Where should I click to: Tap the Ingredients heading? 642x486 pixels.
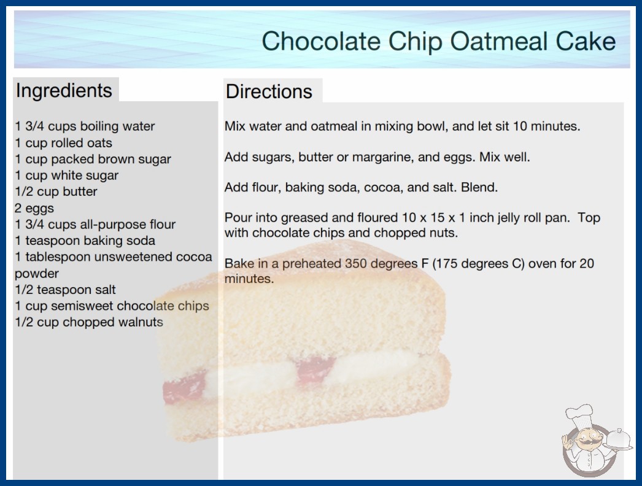(x=64, y=91)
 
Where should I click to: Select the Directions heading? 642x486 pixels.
(x=269, y=91)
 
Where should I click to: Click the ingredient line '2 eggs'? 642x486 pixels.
(x=34, y=209)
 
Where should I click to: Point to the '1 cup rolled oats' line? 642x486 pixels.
(x=63, y=143)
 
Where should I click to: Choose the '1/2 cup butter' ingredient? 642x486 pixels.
(x=56, y=191)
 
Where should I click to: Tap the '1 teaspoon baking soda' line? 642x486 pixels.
(x=85, y=241)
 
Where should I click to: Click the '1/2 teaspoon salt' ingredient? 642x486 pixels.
(x=65, y=290)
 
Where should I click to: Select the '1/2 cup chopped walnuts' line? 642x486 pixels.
(x=89, y=322)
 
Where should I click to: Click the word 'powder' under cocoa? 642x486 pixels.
(x=37, y=274)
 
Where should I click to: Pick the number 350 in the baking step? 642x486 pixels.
(x=357, y=263)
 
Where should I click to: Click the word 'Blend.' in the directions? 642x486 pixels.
(x=479, y=187)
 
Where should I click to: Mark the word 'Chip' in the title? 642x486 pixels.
(x=415, y=42)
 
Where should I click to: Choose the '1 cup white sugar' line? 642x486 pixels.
(x=66, y=175)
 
